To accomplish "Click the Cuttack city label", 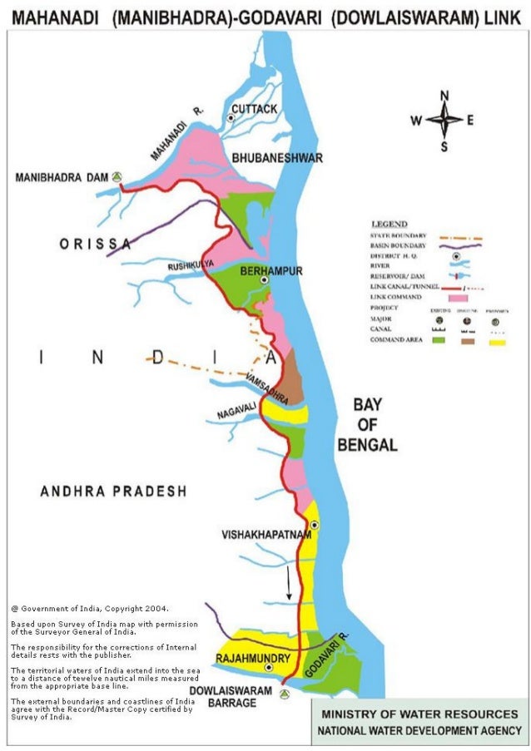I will click(x=254, y=109).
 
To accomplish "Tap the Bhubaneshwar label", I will click(x=265, y=157).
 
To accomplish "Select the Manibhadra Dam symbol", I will click(x=118, y=176).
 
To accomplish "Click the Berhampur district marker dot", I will click(x=264, y=281).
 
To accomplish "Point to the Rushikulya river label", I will click(x=191, y=264).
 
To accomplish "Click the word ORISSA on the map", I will click(x=94, y=244).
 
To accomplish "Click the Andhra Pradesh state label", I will click(x=113, y=492).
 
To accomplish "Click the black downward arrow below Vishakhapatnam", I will click(x=289, y=585).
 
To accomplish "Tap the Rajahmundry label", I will click(x=253, y=659).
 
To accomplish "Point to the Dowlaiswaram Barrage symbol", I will click(x=286, y=692).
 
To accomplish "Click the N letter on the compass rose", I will click(x=444, y=95).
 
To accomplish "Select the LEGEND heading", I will click(x=389, y=225).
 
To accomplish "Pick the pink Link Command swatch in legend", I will click(x=458, y=297).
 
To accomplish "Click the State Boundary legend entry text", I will click(x=398, y=236).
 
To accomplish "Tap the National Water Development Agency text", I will click(x=418, y=730).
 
